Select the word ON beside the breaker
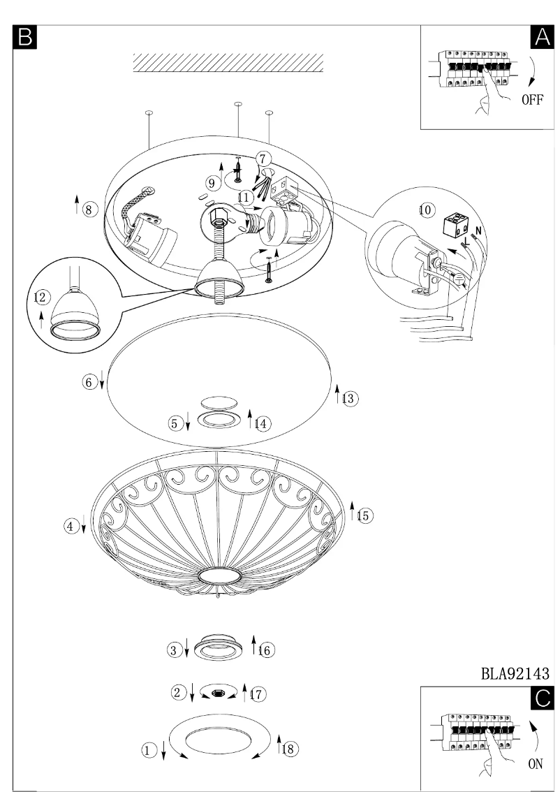pos(535,764)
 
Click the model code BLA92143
pos(514,674)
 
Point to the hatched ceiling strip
pos(228,63)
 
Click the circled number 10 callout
pos(426,210)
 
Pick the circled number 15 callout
pos(364,515)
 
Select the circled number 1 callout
pos(148,750)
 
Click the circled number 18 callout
pos(288,748)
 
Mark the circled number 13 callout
pos(349,398)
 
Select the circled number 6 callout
pos(89,382)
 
